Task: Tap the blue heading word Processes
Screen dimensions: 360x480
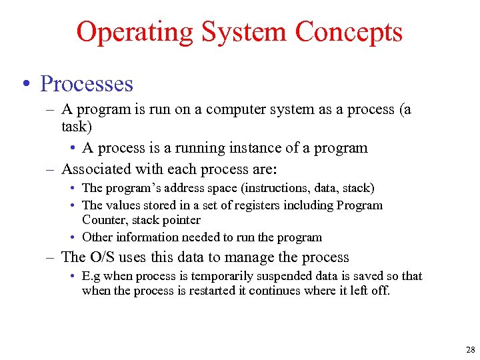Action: pos(87,84)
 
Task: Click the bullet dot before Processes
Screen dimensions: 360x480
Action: pos(25,84)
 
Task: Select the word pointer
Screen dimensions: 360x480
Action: pos(180,220)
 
